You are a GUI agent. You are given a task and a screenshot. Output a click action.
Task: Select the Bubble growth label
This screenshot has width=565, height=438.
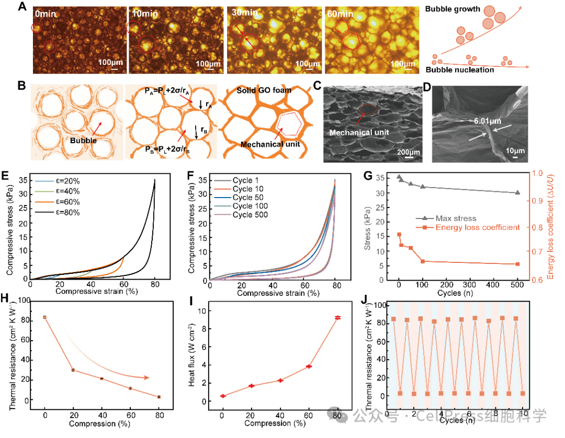pyautogui.click(x=453, y=9)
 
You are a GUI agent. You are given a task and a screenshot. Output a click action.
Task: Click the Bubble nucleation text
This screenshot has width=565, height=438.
pyautogui.click(x=459, y=70)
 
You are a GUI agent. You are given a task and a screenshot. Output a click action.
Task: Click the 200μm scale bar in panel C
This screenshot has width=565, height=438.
pyautogui.click(x=404, y=152)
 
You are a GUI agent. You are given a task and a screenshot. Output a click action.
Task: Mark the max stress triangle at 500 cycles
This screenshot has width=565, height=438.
pyautogui.click(x=517, y=192)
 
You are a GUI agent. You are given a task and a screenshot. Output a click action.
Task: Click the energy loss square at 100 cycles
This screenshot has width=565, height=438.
pyautogui.click(x=422, y=261)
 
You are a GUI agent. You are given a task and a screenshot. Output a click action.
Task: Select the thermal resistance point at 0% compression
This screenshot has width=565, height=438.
pyautogui.click(x=45, y=317)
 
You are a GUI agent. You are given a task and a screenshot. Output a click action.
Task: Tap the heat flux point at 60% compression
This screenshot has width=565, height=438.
pyautogui.click(x=309, y=366)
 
